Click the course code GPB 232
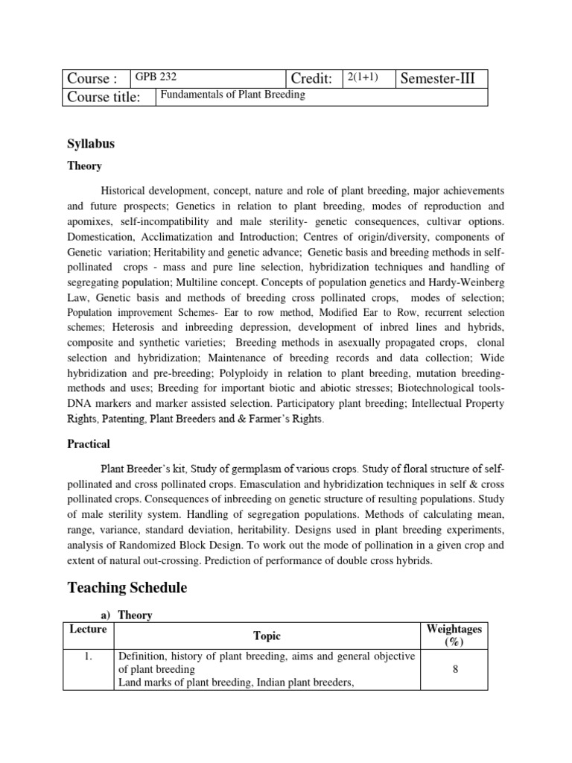156,76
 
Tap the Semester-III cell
442,78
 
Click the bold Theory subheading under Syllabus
84,166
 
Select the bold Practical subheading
88,444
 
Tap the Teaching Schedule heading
127,588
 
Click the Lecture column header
88,630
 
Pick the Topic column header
267,636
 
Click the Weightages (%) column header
454,636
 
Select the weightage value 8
454,670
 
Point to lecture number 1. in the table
88,656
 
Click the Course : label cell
92,79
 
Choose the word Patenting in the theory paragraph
124,419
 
